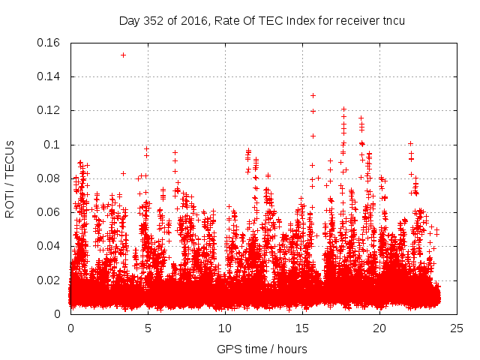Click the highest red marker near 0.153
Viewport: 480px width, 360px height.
(123, 55)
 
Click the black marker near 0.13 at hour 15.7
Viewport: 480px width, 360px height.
(313, 95)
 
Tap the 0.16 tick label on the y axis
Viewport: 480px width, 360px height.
(49, 43)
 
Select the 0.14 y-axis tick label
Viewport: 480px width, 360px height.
(49, 76)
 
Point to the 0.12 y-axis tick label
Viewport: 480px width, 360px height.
(49, 110)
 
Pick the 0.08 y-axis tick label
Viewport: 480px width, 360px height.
(49, 178)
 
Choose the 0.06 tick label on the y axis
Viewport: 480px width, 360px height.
(49, 212)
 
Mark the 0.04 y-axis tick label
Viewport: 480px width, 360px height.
(49, 246)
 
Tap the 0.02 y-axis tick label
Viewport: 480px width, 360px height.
(49, 280)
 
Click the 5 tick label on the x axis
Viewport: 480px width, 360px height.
(148, 328)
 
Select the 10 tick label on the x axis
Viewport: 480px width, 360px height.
(225, 328)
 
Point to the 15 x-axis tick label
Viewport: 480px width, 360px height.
(302, 328)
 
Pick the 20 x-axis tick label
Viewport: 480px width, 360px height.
(379, 328)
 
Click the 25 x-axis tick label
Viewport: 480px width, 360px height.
(457, 328)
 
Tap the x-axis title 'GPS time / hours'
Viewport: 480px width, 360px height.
(262, 349)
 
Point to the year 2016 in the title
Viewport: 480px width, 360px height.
(191, 20)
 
